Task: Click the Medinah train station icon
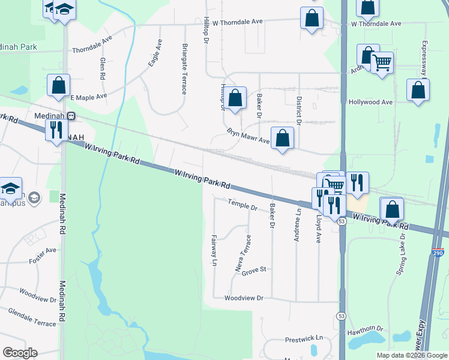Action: click(71, 116)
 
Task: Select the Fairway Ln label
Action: click(214, 250)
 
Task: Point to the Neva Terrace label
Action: click(244, 253)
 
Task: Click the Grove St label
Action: click(253, 270)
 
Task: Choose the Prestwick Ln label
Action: click(304, 338)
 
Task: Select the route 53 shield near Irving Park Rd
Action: click(342, 221)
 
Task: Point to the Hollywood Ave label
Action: click(370, 102)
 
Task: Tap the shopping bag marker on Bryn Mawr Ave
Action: click(282, 138)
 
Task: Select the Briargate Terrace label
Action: click(184, 68)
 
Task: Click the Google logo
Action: click(20, 353)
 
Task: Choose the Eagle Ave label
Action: click(155, 53)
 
